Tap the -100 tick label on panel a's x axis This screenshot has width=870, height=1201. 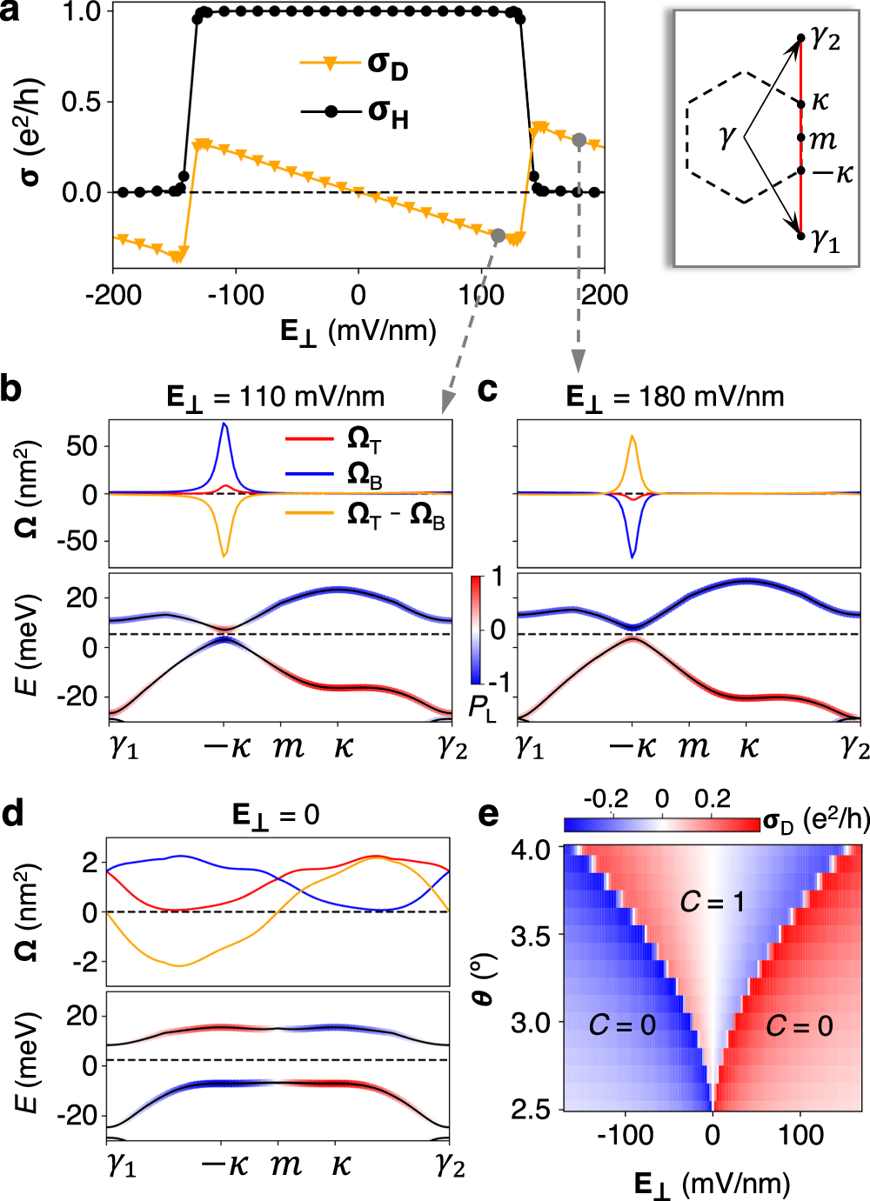236,296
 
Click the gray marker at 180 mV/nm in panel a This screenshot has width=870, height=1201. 579,139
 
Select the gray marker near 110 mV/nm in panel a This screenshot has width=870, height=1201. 498,235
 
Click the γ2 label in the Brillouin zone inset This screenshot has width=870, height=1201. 825,38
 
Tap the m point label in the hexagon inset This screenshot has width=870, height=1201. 822,138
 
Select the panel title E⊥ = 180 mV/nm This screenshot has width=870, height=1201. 674,397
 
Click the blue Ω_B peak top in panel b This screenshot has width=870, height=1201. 224,424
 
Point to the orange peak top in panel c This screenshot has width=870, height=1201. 632,437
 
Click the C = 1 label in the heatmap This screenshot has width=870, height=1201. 712,903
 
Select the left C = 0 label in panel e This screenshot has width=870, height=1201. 622,1025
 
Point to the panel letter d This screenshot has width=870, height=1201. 13,814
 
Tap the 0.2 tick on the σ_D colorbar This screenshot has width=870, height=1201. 713,799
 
